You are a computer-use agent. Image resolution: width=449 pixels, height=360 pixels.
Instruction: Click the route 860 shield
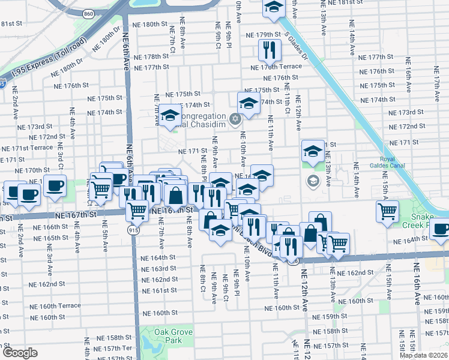click(89, 13)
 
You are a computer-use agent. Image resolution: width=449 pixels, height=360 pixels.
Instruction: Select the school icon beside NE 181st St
click(274, 8)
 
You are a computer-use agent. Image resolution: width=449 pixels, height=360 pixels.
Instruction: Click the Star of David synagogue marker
click(235, 116)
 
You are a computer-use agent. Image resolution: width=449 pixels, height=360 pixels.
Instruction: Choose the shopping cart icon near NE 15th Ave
click(387, 211)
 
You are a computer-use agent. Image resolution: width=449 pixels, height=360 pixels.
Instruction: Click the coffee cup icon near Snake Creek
click(441, 230)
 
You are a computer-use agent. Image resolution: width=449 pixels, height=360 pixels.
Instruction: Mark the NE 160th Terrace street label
click(55, 305)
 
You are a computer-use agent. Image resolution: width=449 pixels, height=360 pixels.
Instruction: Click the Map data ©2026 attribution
click(423, 355)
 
